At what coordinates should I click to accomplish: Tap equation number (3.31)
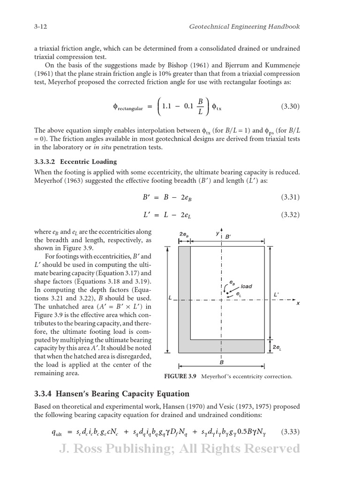(290, 197)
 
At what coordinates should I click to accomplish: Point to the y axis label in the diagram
(217, 232)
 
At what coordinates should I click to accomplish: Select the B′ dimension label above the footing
(228, 237)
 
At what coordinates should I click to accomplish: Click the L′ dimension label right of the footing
(276, 294)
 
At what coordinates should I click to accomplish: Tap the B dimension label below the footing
(221, 362)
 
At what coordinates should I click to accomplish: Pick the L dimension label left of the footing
(170, 298)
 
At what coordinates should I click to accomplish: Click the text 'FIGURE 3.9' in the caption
(180, 376)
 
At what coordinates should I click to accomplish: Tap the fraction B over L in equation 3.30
(200, 106)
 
